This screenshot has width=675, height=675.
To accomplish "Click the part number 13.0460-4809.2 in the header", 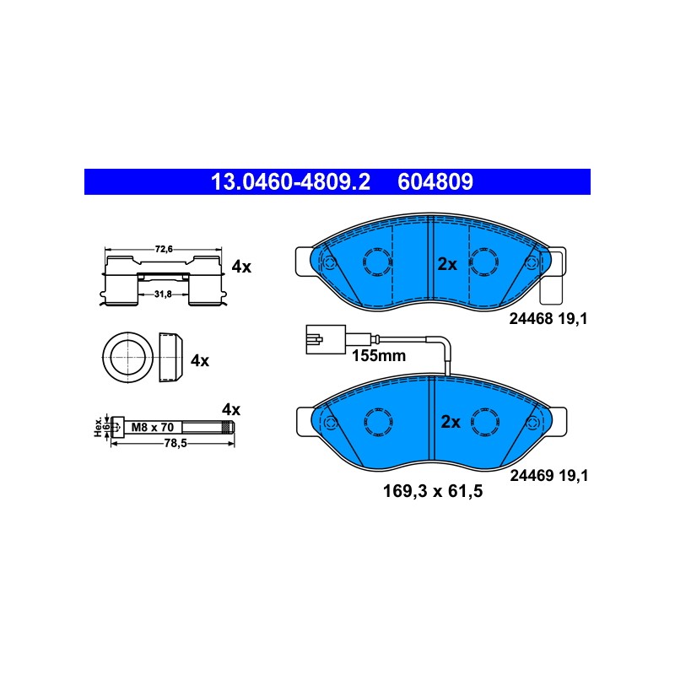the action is (x=290, y=181).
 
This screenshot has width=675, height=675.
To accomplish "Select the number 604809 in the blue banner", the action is (x=435, y=181).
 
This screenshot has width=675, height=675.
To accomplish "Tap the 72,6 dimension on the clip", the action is (x=164, y=249).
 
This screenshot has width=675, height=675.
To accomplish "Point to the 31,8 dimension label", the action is (x=163, y=294).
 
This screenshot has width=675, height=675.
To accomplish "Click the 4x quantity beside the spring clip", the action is (x=241, y=267).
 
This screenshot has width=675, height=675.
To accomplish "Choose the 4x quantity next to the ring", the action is (x=200, y=361).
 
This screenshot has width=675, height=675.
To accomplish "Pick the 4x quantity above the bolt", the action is (x=231, y=409).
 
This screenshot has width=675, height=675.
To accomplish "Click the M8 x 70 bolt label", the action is (x=153, y=427).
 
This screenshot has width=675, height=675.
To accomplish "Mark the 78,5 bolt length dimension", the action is (x=175, y=443).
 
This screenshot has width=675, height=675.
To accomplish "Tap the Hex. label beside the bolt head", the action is (x=99, y=427).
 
